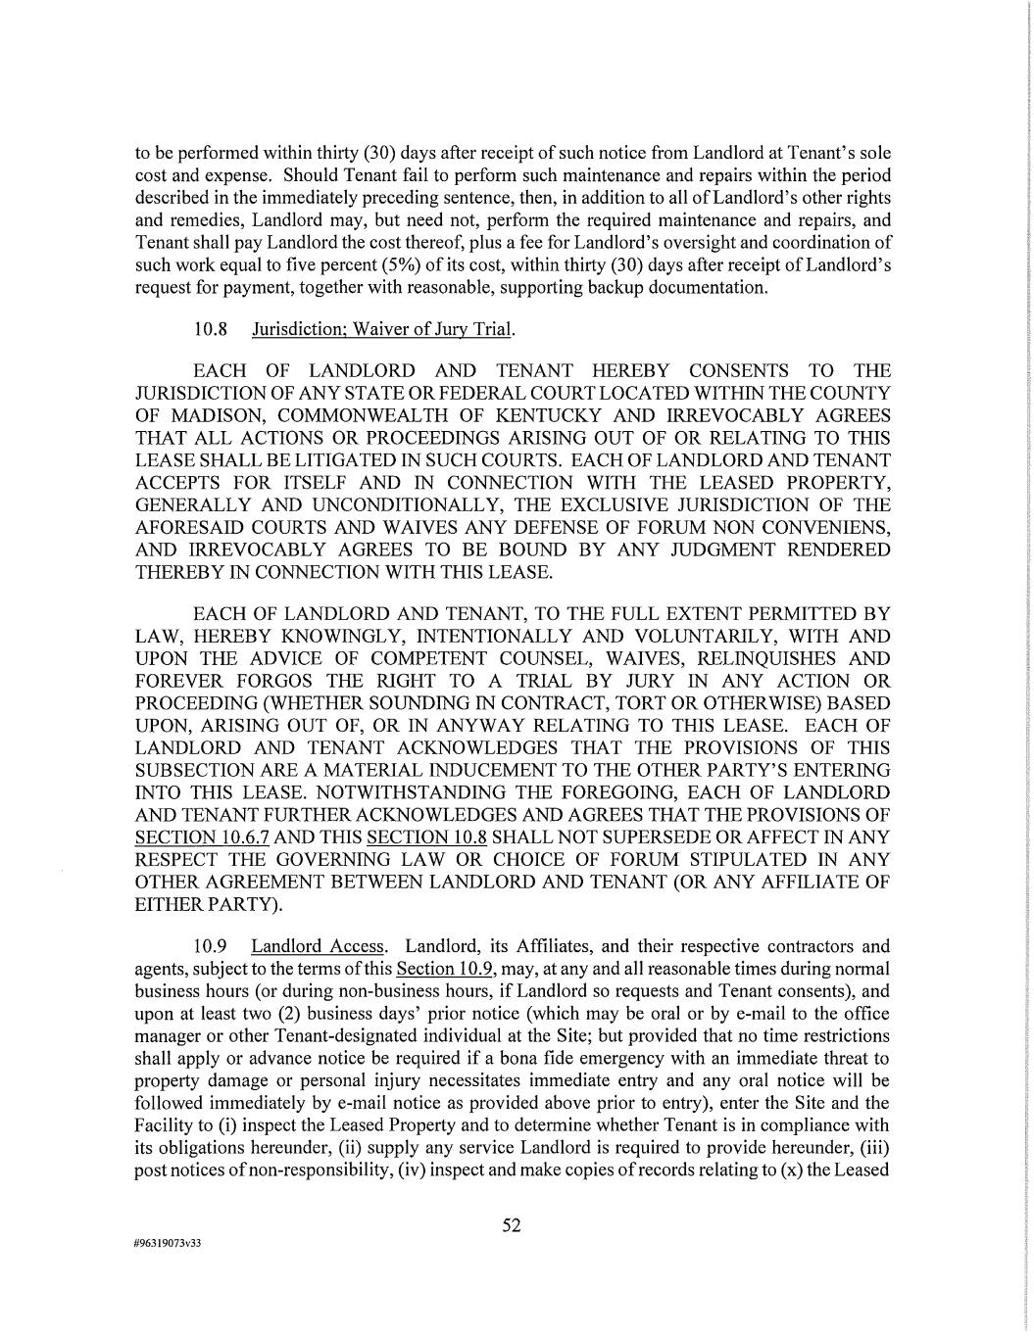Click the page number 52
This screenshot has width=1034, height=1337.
pyautogui.click(x=512, y=1225)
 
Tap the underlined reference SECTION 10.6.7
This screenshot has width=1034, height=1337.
pyautogui.click(x=202, y=837)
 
